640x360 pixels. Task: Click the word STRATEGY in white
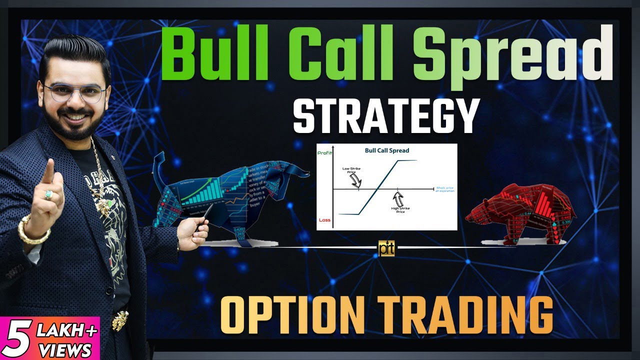[x=386, y=116]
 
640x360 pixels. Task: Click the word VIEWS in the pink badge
[x=63, y=348]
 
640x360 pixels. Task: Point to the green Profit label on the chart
[x=324, y=153]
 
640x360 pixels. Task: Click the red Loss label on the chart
[x=324, y=220]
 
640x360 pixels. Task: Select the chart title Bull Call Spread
[x=386, y=150]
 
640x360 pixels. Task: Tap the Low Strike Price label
[x=351, y=171]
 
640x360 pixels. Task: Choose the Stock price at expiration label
[x=445, y=189]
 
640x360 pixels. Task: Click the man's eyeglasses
[x=74, y=93]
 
